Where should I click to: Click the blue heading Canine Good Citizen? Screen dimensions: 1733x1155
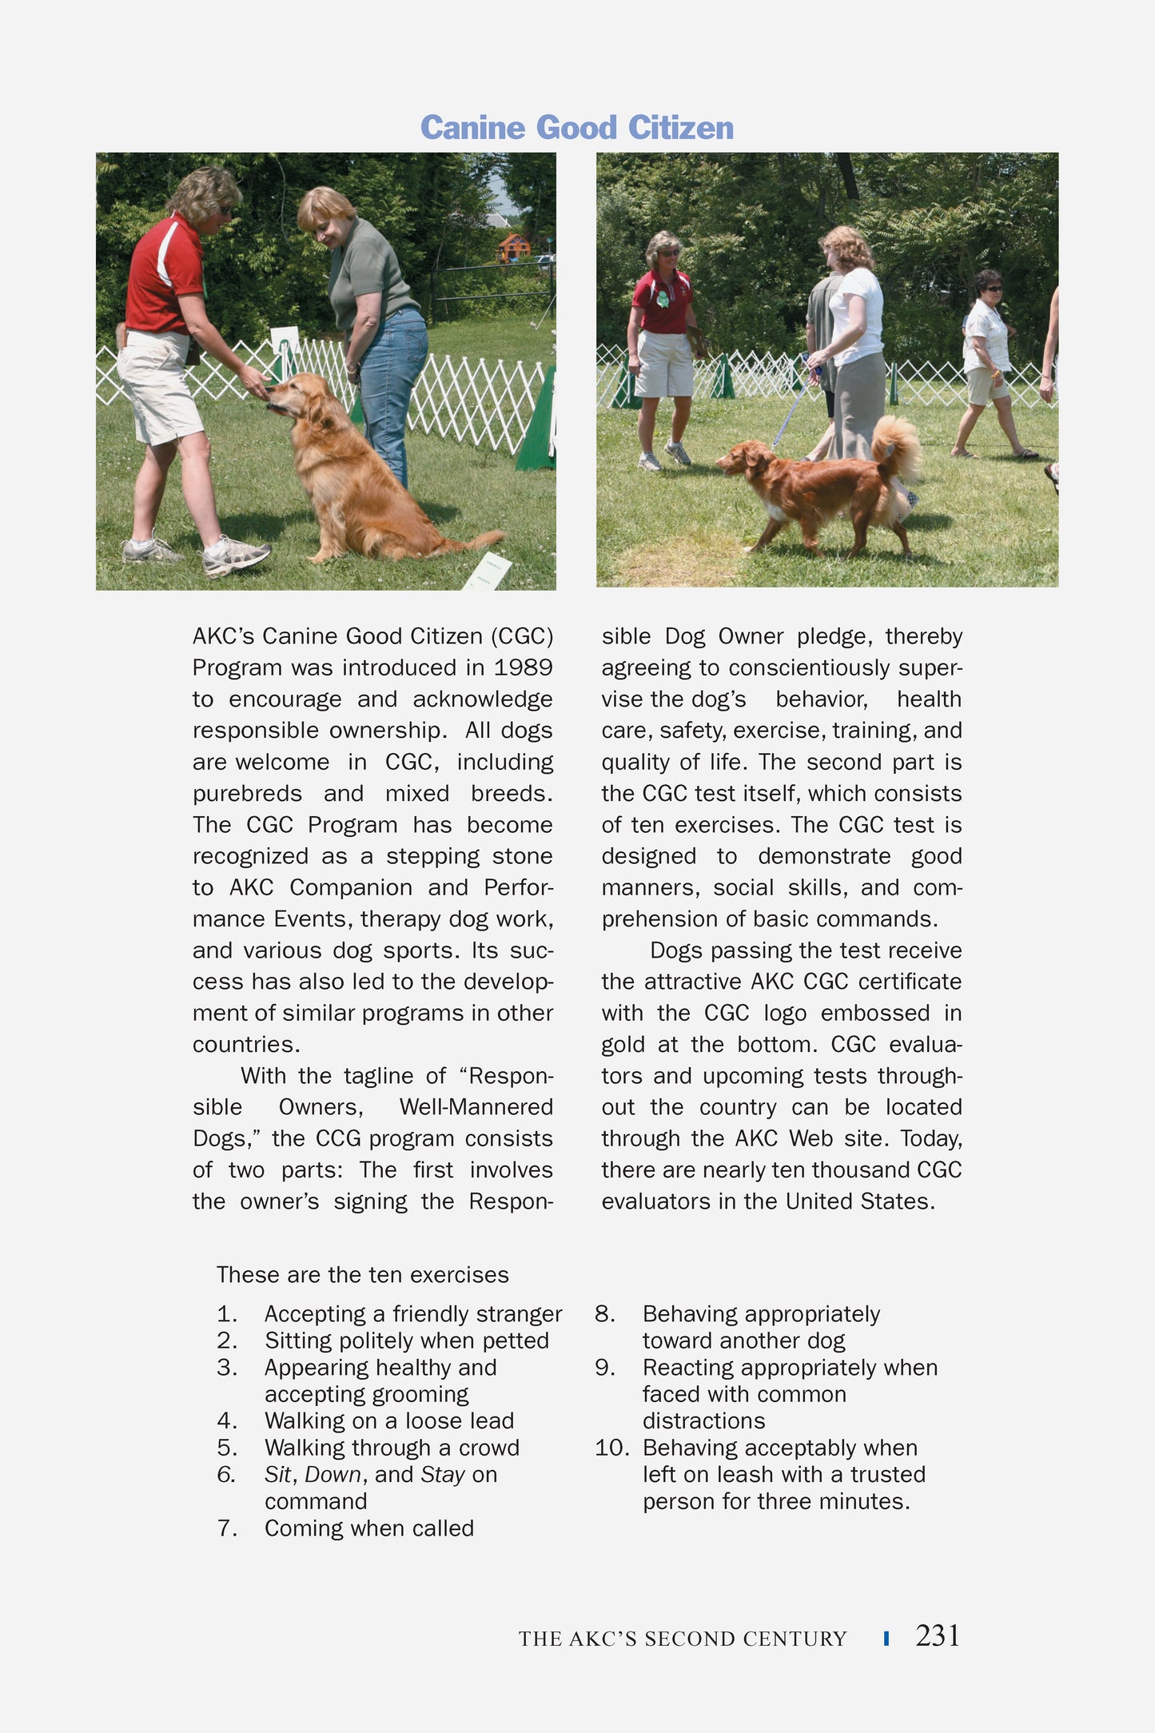[x=576, y=128]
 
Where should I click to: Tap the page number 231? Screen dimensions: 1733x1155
[x=937, y=1636]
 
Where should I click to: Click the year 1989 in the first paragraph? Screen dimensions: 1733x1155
[x=523, y=667]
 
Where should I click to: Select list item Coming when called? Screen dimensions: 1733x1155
[x=368, y=1528]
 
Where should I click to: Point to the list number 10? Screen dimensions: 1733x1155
[x=611, y=1448]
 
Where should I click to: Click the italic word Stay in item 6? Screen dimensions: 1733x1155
[x=442, y=1475]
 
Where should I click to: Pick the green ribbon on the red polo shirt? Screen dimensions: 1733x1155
[x=663, y=301]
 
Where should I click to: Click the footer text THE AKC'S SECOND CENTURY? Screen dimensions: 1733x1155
[x=682, y=1639]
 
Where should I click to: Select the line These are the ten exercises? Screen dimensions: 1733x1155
[x=362, y=1275]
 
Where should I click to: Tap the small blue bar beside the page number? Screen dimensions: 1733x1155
[x=886, y=1638]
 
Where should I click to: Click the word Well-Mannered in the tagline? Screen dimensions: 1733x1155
[x=476, y=1107]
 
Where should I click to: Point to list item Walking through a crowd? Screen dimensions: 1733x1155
[x=392, y=1448]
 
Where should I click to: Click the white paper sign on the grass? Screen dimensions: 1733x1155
[x=487, y=572]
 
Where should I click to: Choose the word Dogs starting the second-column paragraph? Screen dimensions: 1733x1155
[x=676, y=950]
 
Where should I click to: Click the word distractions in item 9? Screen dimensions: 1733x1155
[x=703, y=1421]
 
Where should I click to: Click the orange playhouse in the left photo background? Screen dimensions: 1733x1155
[x=512, y=247]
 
